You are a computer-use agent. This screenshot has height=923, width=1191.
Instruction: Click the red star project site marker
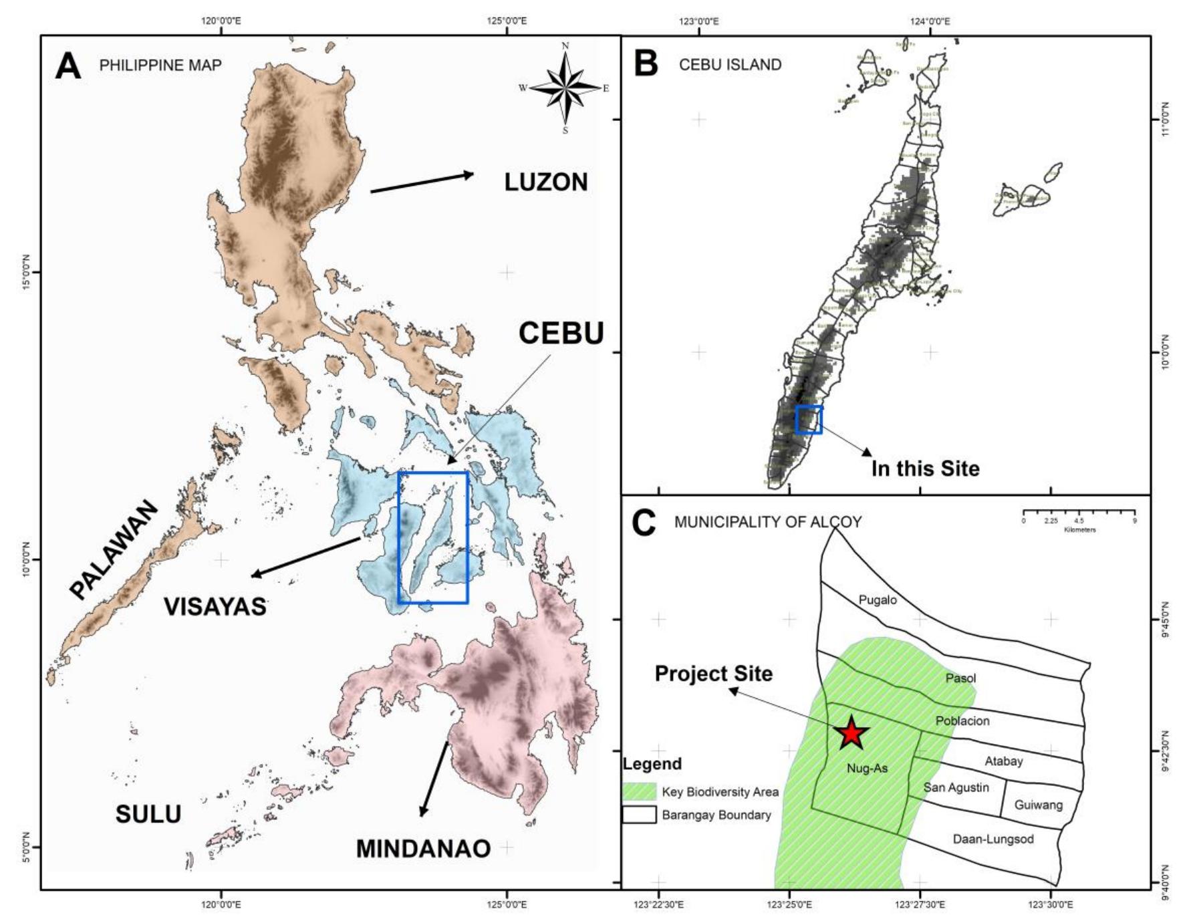click(x=851, y=734)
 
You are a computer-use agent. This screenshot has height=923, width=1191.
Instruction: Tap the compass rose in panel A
click(x=565, y=88)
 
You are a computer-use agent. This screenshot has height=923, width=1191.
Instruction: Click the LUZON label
click(x=545, y=182)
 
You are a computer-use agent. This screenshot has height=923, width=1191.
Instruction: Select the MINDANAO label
click(x=423, y=848)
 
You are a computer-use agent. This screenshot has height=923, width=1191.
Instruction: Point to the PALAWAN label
click(x=114, y=550)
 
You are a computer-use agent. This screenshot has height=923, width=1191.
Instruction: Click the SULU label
click(x=148, y=814)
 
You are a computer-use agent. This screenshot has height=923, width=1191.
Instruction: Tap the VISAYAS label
click(x=215, y=606)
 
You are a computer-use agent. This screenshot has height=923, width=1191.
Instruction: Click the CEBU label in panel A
click(x=561, y=333)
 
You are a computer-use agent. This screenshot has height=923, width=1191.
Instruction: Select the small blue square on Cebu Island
click(x=809, y=420)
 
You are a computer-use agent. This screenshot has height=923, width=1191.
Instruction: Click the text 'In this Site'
click(x=925, y=469)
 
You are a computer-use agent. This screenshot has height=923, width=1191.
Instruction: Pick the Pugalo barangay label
click(x=878, y=600)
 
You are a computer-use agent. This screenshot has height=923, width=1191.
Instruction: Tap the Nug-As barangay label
click(x=867, y=769)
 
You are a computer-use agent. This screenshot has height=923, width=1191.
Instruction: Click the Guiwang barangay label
click(x=1038, y=805)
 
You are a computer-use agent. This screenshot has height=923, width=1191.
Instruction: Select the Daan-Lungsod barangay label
click(x=993, y=839)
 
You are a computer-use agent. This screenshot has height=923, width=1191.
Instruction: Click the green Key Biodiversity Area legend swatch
click(x=639, y=792)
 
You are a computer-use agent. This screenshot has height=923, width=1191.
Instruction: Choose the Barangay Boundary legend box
click(x=639, y=815)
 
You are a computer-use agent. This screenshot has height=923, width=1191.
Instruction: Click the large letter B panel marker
click(x=646, y=65)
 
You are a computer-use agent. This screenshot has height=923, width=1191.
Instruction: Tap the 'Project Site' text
click(x=713, y=673)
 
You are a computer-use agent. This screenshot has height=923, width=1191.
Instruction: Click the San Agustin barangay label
click(x=956, y=787)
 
